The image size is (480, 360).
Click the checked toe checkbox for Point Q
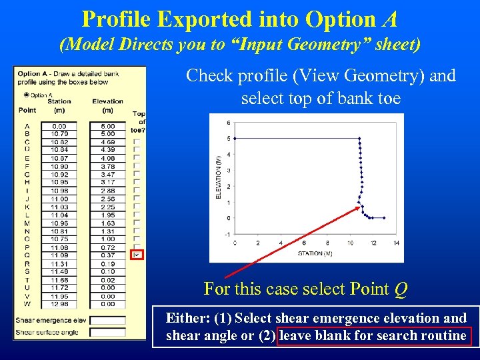(137, 255)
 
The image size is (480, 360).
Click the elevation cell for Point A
(107, 126)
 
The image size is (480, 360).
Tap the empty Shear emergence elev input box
(107, 320)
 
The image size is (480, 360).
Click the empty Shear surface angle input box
(107, 332)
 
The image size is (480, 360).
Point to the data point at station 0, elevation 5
(235, 139)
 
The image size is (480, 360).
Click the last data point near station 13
(385, 218)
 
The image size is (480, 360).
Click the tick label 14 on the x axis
(396, 243)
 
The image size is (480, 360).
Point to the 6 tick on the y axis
(228, 123)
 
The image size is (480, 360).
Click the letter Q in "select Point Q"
(400, 289)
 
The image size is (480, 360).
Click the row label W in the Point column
(27, 305)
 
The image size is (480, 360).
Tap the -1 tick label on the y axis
(227, 234)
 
